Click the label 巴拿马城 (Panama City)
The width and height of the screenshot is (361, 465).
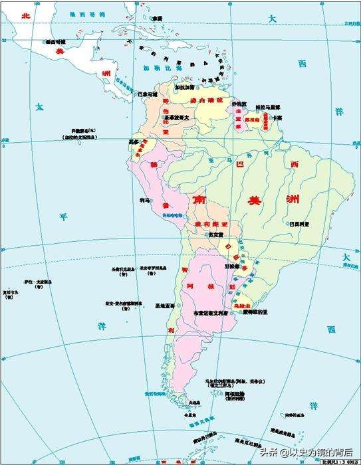pos(146,94)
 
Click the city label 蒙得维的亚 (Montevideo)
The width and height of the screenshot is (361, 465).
pos(255,312)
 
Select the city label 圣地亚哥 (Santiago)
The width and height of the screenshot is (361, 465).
pos(164,306)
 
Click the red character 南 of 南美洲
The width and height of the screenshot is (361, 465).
pos(198,199)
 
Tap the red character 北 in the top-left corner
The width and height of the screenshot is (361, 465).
pos(27,14)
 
